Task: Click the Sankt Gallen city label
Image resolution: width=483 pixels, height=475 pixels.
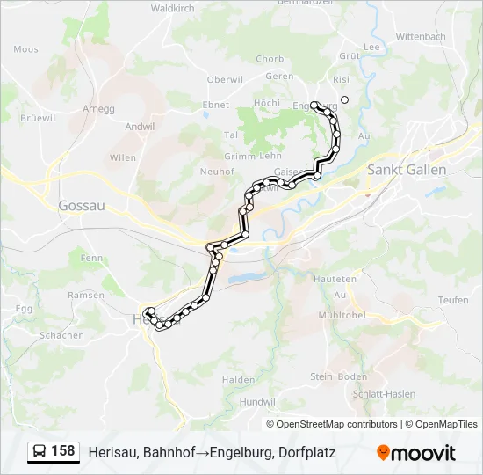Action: pos(407,170)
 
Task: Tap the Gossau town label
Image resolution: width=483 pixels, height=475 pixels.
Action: pos(82,205)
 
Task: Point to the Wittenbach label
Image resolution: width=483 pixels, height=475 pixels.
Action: pos(422,36)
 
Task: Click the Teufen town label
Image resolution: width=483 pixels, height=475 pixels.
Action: pos(453,300)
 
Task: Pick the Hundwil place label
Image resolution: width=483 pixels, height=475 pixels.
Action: pos(256,401)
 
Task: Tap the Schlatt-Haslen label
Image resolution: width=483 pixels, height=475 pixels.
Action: pos(384,394)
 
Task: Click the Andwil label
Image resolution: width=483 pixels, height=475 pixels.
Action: pos(140,127)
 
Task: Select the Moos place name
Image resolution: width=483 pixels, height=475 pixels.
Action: pos(26,50)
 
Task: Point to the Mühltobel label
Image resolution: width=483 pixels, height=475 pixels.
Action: pos(342,314)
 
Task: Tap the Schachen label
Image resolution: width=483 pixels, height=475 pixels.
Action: pos(61,335)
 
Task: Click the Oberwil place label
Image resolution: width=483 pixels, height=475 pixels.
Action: pos(225,79)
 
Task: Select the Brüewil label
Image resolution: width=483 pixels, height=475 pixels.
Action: pos(38,118)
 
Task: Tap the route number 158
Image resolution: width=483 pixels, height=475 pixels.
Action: pos(62,451)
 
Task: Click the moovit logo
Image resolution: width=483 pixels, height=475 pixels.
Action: pos(416,453)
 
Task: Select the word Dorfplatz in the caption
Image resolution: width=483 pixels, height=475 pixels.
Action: pos(307,452)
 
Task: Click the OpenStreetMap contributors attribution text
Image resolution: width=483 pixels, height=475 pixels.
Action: pos(337,424)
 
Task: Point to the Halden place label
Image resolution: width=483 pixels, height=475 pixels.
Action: pos(238,379)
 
